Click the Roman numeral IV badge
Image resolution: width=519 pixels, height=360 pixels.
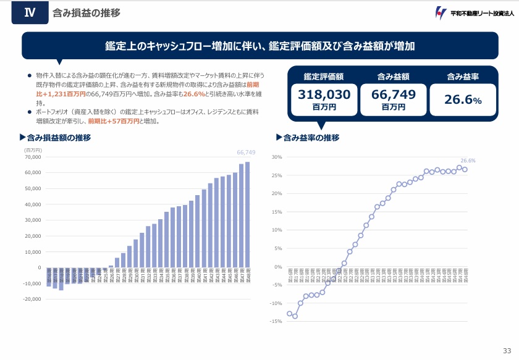[29, 12]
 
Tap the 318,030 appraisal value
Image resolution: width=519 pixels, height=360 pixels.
[324, 94]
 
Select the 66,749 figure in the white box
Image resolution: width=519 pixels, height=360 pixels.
[393, 94]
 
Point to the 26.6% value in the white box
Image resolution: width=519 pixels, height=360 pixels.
[463, 99]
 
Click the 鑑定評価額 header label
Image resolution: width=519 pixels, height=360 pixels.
[324, 77]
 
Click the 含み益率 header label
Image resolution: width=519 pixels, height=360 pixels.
[463, 77]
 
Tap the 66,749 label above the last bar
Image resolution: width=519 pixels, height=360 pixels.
[246, 152]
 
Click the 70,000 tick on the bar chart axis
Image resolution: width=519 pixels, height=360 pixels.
[32, 157]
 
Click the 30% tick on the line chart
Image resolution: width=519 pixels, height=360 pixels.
[277, 157]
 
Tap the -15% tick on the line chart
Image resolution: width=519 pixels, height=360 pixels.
[276, 322]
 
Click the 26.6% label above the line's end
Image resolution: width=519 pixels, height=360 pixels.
[467, 161]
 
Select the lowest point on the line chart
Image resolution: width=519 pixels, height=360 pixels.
[295, 316]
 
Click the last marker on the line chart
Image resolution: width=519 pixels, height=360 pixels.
[465, 169]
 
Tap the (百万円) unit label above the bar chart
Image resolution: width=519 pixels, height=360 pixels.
[33, 149]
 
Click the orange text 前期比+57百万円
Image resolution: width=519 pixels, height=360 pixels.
[111, 122]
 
